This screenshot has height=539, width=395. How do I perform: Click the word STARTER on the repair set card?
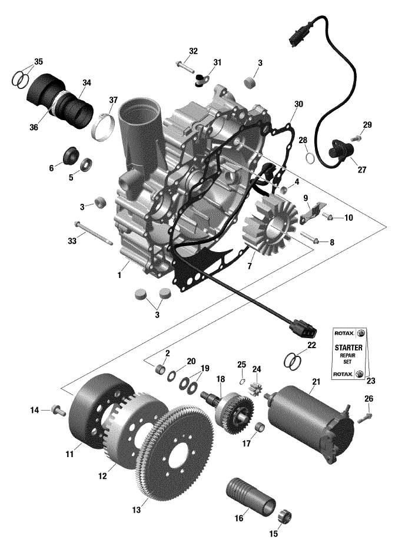[x=350, y=348]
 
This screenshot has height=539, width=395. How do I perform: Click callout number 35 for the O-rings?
[x=39, y=61]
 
